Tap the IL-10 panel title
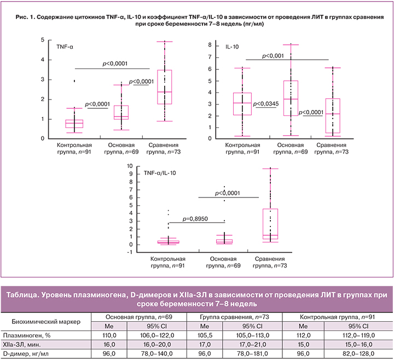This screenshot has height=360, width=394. click(233, 47)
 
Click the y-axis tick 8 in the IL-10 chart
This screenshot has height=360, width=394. click(211, 44)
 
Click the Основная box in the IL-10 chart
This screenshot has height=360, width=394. click(291, 98)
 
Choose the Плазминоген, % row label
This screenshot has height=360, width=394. click(25, 334)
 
